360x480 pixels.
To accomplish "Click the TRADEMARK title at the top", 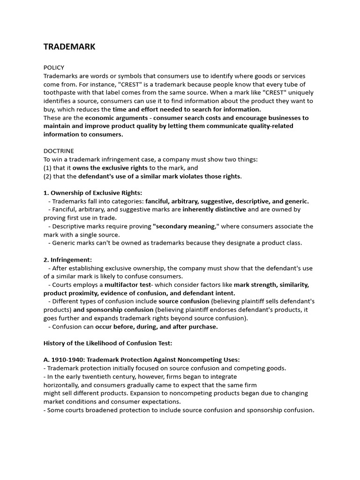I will pos(69,46).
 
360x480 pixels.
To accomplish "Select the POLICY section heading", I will pos(54,67).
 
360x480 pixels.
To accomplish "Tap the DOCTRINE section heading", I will pos(59,151).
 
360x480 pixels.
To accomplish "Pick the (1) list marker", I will pos(47,168).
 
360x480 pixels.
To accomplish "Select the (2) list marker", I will pos(47,176).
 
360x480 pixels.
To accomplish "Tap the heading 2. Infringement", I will pos(68,260).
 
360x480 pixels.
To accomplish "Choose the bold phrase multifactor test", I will pos(128,285).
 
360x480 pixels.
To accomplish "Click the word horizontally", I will pos(63,385).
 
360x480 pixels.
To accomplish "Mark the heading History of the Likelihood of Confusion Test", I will pos(108,343).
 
